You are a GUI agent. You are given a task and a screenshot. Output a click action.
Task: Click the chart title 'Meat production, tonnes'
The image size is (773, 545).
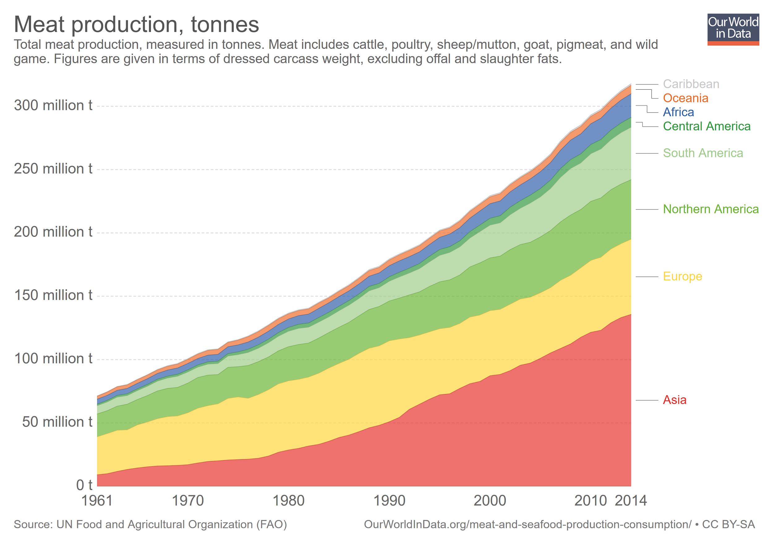pos(136,24)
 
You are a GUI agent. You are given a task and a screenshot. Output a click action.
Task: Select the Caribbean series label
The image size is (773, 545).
pos(691,84)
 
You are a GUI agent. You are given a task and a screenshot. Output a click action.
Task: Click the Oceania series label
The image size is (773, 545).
pos(685,98)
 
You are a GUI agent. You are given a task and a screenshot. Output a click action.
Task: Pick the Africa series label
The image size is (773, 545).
pos(678,112)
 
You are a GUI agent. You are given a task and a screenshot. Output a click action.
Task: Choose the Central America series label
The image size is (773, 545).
pos(706,126)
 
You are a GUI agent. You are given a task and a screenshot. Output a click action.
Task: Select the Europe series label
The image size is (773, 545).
pos(682,277)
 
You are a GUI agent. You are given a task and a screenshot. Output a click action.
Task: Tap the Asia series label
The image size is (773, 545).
pos(674,400)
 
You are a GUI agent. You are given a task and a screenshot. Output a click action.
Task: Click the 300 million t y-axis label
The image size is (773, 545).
pos(53,106)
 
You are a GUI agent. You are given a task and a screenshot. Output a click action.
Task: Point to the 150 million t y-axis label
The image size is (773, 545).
pos(53,296)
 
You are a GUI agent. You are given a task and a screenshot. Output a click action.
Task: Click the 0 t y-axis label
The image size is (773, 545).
pos(84,485)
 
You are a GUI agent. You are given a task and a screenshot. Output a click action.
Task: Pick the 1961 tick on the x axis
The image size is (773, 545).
pos(97,501)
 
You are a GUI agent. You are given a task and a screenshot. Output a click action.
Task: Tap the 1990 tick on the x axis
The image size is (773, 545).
pos(389,501)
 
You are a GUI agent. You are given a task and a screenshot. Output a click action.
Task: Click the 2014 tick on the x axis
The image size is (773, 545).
pos(630,501)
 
